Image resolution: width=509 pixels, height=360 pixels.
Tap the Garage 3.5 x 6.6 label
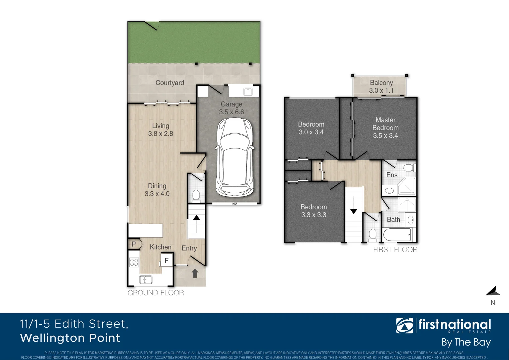click(232, 108)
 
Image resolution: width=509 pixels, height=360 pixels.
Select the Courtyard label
click(170, 83)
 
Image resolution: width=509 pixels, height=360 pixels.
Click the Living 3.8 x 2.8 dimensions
click(161, 134)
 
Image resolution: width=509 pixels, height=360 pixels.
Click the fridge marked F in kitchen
click(167, 260)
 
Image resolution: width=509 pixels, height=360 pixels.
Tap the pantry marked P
click(134, 244)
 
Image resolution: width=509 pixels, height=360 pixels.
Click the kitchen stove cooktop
click(134, 262)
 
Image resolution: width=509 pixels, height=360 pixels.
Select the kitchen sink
click(146, 280)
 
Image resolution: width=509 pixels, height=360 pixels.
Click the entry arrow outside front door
click(195, 273)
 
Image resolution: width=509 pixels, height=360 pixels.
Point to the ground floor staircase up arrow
click(197, 218)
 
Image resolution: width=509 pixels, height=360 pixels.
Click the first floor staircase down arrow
click(353, 211)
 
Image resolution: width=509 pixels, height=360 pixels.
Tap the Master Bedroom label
click(385, 128)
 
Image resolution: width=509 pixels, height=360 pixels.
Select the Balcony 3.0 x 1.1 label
click(381, 87)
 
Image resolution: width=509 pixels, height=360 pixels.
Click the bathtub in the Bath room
click(397, 235)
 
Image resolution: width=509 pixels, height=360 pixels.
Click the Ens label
click(392, 175)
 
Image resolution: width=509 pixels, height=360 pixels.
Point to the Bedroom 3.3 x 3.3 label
click(313, 211)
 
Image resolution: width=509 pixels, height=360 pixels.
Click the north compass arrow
click(493, 291)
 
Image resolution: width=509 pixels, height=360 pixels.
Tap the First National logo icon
click(404, 326)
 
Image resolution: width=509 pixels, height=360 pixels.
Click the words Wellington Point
click(70, 338)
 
